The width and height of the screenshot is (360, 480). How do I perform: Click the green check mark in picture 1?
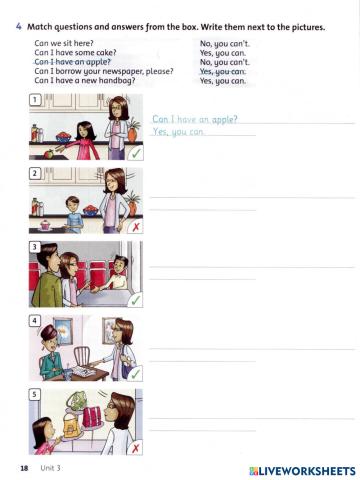pos(135,154)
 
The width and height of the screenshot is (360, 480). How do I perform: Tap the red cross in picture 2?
pos(135,227)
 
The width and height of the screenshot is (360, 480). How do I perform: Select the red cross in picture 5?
pos(135,449)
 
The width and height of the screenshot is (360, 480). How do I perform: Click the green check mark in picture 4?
pos(135,374)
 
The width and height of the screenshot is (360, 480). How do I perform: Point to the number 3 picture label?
pos(35,246)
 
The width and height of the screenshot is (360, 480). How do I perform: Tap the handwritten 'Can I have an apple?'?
pos(194,119)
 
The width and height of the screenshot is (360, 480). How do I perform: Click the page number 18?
pos(23,468)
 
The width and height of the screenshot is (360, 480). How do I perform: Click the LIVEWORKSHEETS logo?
pos(301,469)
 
